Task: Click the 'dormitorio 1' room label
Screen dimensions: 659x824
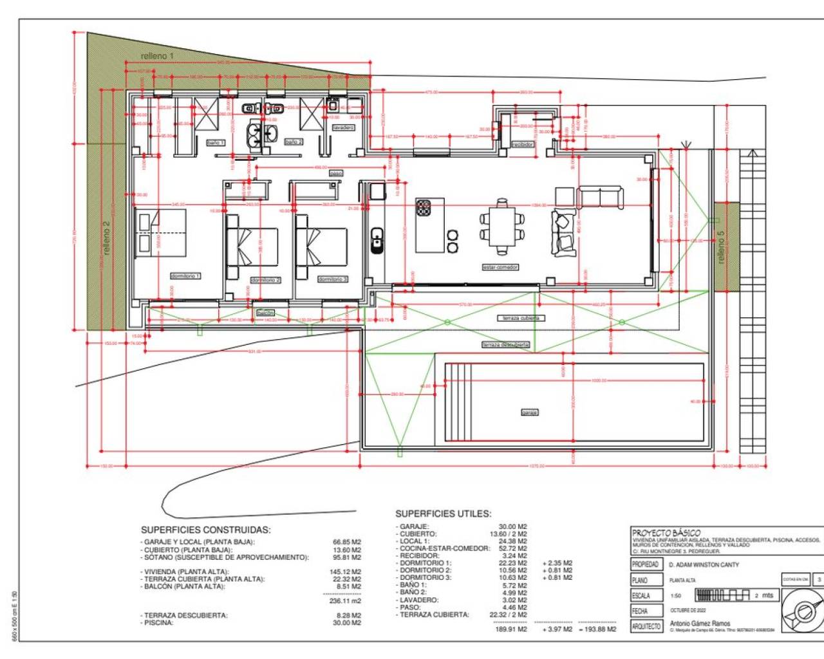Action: click(185, 276)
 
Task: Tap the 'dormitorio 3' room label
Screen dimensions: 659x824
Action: click(333, 279)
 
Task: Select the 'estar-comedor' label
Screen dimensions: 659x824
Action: click(500, 267)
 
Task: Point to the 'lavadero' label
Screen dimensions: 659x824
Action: click(343, 127)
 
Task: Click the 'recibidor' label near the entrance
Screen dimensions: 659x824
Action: click(523, 145)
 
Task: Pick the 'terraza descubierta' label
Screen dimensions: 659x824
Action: click(506, 345)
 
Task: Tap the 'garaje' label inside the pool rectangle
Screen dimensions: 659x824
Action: click(529, 413)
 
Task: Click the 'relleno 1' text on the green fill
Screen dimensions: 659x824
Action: click(157, 56)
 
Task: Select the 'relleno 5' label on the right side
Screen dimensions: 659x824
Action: click(721, 247)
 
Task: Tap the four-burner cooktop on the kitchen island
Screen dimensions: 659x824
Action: click(424, 207)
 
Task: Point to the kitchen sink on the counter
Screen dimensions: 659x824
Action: click(377, 239)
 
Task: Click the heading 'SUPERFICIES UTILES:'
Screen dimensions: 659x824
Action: click(443, 514)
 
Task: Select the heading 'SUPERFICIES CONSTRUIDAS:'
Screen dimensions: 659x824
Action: click(205, 530)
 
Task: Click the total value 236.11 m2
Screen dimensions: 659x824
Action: click(346, 600)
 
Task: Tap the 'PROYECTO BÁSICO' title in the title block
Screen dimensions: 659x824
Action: click(666, 533)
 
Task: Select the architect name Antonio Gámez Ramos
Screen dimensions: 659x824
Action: click(700, 623)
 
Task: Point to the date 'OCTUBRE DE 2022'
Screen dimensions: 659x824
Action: click(688, 610)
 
